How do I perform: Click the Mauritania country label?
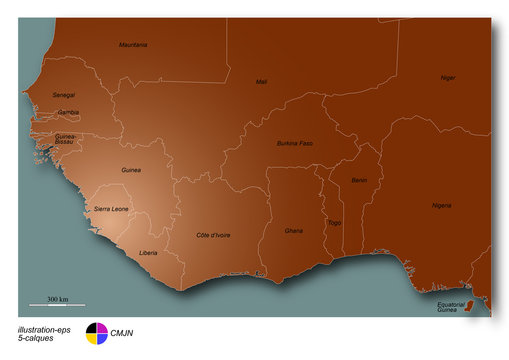click(x=133, y=45)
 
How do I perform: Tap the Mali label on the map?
click(x=262, y=82)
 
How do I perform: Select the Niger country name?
click(x=448, y=77)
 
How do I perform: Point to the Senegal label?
click(x=63, y=95)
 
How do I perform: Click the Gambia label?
click(x=68, y=112)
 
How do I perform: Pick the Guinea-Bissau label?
click(x=66, y=139)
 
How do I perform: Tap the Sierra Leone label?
click(x=111, y=208)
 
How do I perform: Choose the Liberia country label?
click(x=149, y=252)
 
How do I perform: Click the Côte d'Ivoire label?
click(x=213, y=235)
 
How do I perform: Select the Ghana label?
click(x=293, y=230)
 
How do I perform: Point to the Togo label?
click(x=334, y=222)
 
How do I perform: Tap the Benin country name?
click(x=359, y=180)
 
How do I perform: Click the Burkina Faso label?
click(x=295, y=144)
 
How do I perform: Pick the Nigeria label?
click(x=441, y=205)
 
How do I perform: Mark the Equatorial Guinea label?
click(x=450, y=307)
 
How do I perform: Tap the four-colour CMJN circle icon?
click(x=96, y=332)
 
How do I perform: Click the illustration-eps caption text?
click(x=43, y=328)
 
